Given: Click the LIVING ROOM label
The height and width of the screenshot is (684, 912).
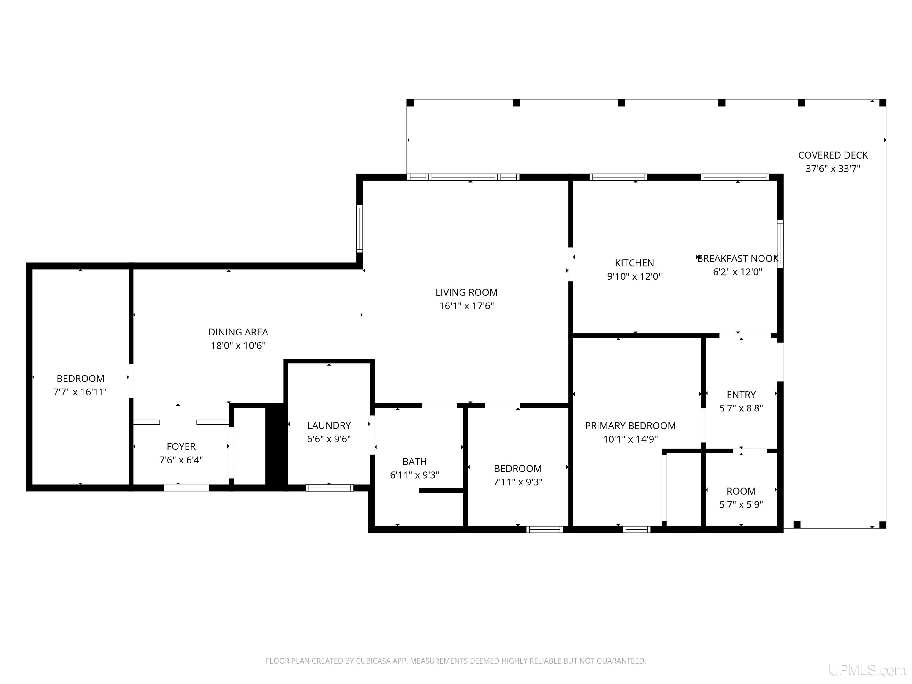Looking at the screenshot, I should coord(466,292).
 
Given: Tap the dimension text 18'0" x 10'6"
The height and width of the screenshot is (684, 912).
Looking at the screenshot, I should coord(238,346).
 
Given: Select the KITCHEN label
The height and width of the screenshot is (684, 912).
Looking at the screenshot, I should coord(634,263).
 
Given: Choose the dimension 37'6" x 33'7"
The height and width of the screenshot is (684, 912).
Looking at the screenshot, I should coord(833,169).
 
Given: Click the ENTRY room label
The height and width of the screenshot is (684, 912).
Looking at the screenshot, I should coord(741,395).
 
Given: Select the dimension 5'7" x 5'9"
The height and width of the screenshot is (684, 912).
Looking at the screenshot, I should coord(741,505).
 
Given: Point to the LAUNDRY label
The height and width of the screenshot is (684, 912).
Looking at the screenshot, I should coord(329,425).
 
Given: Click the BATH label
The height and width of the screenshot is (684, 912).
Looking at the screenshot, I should coord(414,462).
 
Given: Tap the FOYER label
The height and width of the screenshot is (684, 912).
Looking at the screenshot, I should coord(181,446).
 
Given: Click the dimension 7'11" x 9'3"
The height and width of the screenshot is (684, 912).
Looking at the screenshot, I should coord(518,482).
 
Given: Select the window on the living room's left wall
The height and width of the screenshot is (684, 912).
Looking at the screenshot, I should coord(360,229).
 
